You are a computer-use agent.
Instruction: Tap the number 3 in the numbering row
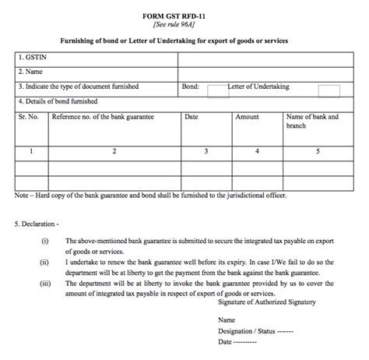tap(206, 151)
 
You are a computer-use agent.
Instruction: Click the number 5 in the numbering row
tap(318, 151)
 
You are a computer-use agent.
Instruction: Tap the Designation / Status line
tap(256, 330)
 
